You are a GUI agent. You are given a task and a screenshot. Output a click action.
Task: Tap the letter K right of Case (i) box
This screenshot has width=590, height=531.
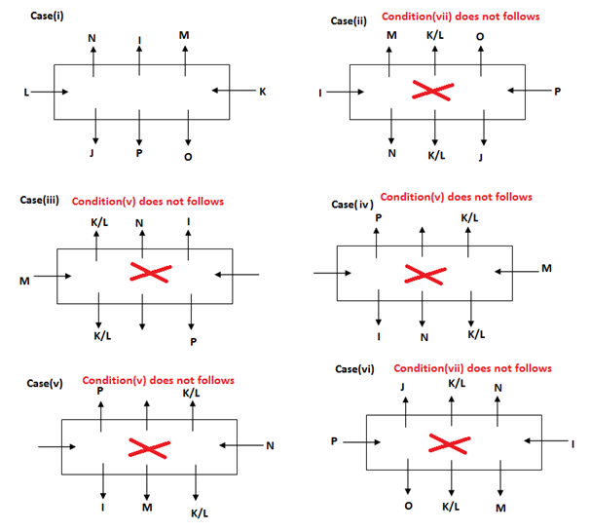[x=261, y=92]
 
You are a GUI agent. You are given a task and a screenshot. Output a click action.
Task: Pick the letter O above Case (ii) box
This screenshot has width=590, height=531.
[x=480, y=35]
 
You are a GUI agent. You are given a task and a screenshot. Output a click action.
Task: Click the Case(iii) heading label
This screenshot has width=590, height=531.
[x=40, y=201]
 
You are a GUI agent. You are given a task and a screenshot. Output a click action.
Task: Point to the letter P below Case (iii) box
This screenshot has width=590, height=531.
[x=193, y=343]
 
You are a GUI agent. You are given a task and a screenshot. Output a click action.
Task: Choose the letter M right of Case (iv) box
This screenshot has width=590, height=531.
[x=546, y=268]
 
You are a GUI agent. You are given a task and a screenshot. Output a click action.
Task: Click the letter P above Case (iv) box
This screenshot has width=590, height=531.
[x=378, y=217]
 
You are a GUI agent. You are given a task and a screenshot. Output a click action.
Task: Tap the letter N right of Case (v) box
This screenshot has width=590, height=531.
[x=270, y=446]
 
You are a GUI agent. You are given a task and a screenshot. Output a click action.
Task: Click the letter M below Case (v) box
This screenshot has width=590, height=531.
[x=147, y=507]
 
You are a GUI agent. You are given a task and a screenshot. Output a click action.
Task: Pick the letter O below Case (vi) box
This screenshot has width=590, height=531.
[x=408, y=507]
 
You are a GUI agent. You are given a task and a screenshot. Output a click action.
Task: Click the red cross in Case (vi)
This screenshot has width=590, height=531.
[x=449, y=443]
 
